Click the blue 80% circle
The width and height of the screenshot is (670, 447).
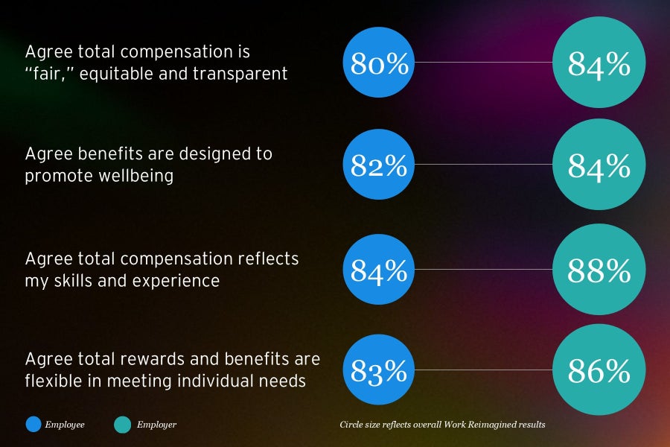tap(380, 63)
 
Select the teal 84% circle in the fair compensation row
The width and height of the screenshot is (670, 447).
tap(599, 63)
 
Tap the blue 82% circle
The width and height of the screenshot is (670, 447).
tap(380, 165)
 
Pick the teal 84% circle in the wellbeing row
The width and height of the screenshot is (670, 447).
tap(599, 165)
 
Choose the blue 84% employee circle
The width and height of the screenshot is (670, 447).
tap(380, 270)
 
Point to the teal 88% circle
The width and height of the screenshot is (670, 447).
tap(599, 270)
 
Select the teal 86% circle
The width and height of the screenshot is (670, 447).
tap(599, 370)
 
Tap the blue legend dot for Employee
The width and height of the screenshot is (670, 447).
tap(34, 425)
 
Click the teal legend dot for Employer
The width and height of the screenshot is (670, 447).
tap(123, 425)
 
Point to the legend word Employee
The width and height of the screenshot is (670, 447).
tap(66, 425)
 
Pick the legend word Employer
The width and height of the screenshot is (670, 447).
tap(156, 425)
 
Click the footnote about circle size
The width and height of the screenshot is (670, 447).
tap(442, 425)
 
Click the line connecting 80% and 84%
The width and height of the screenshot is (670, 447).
tap(484, 63)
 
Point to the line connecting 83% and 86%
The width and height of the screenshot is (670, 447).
tap(484, 370)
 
